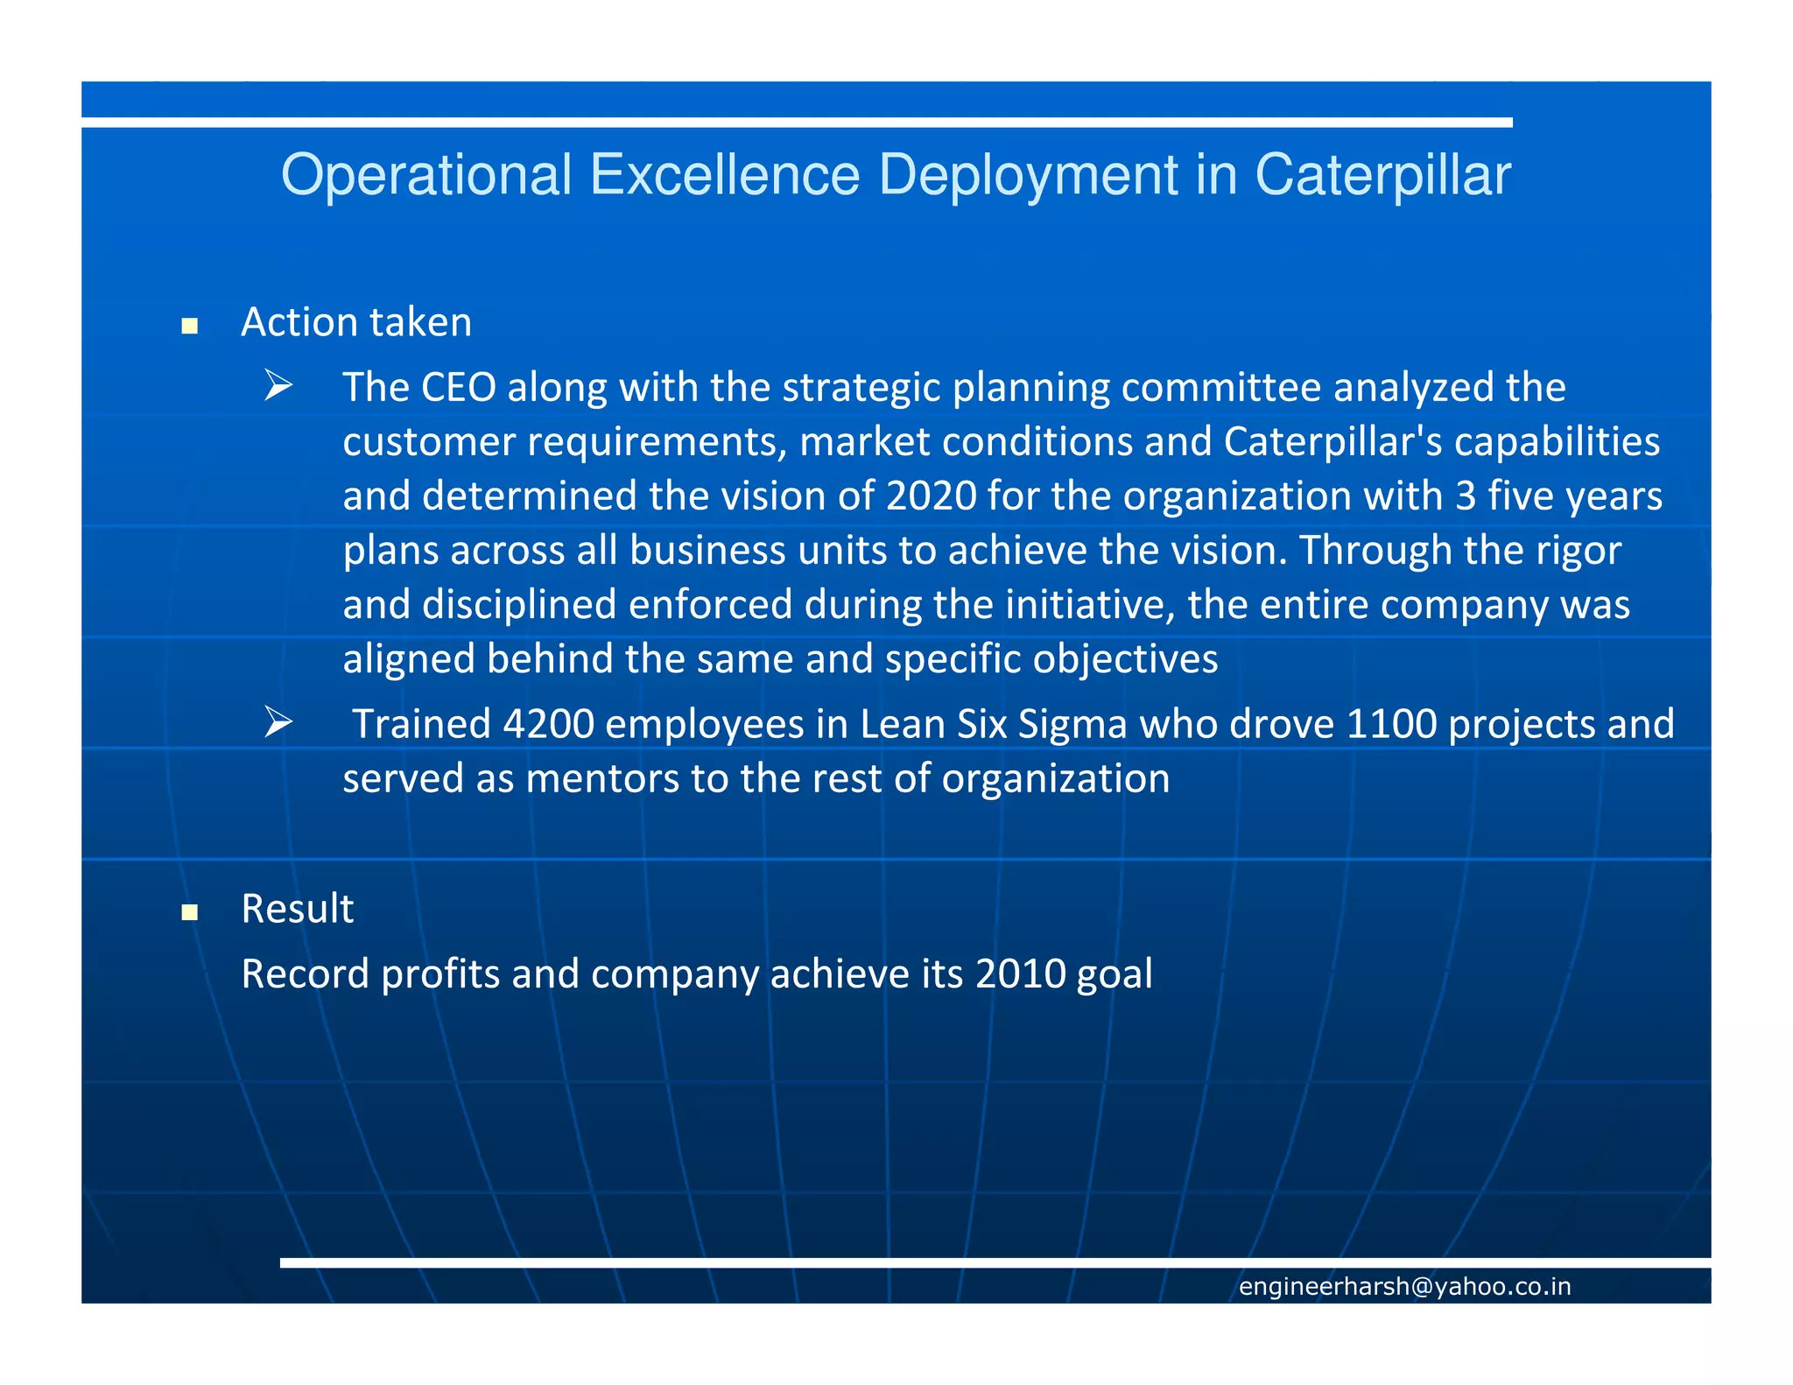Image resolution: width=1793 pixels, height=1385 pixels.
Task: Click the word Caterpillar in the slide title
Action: pyautogui.click(x=1382, y=175)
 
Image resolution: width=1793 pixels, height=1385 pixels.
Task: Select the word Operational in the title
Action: pyautogui.click(x=426, y=175)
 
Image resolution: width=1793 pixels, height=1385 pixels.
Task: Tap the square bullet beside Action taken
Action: pyautogui.click(x=189, y=327)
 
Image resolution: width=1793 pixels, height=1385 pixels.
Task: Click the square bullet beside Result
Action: pyautogui.click(x=189, y=913)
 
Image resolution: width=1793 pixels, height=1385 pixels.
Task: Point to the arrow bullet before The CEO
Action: pyautogui.click(x=278, y=386)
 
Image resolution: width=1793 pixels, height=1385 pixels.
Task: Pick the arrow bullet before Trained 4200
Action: pyautogui.click(x=278, y=723)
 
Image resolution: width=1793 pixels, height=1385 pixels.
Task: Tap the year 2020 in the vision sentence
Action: pyautogui.click(x=931, y=496)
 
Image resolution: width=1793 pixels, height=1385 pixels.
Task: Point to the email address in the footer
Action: pyautogui.click(x=1404, y=1286)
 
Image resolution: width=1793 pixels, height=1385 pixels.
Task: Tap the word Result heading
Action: pyautogui.click(x=297, y=909)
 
